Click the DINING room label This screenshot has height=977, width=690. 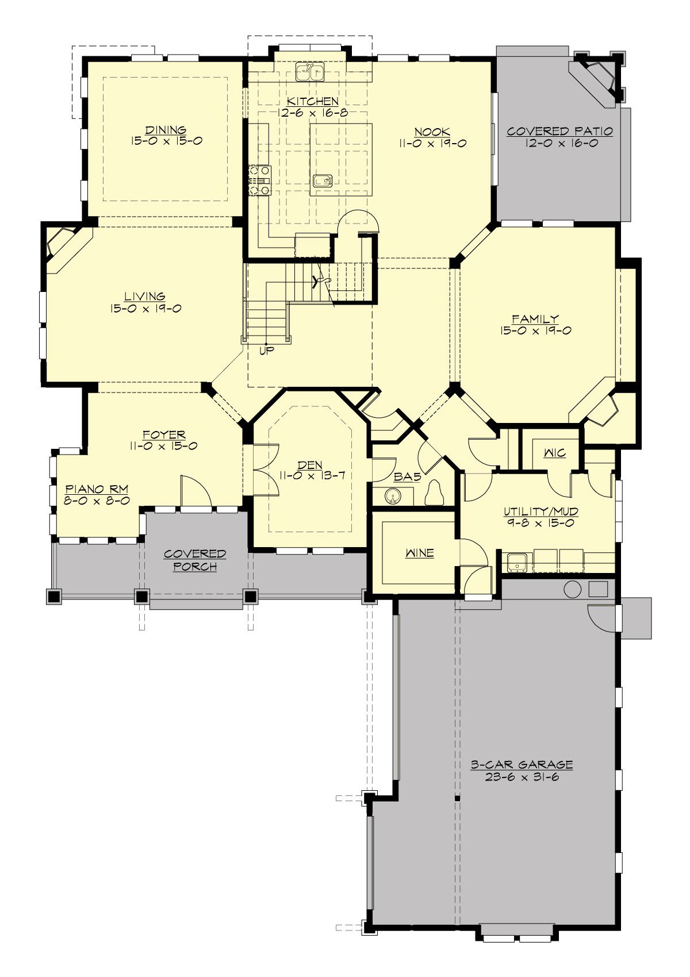pos(166,130)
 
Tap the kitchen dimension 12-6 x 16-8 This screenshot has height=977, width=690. pos(313,113)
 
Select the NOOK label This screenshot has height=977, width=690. pos(432,132)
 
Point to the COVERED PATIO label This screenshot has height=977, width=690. pos(559,132)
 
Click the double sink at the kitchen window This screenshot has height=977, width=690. pos(310,72)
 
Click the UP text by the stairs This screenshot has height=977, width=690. pos(267,350)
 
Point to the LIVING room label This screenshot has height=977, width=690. pos(145,297)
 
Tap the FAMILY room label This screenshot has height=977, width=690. pos(535,318)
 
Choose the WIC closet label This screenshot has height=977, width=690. pos(554,453)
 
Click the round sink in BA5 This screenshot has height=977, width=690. pos(393,495)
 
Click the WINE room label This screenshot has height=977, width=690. pos(419,553)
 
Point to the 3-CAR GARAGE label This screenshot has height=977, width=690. pos(522,765)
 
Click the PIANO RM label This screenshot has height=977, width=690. pos(97,489)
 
